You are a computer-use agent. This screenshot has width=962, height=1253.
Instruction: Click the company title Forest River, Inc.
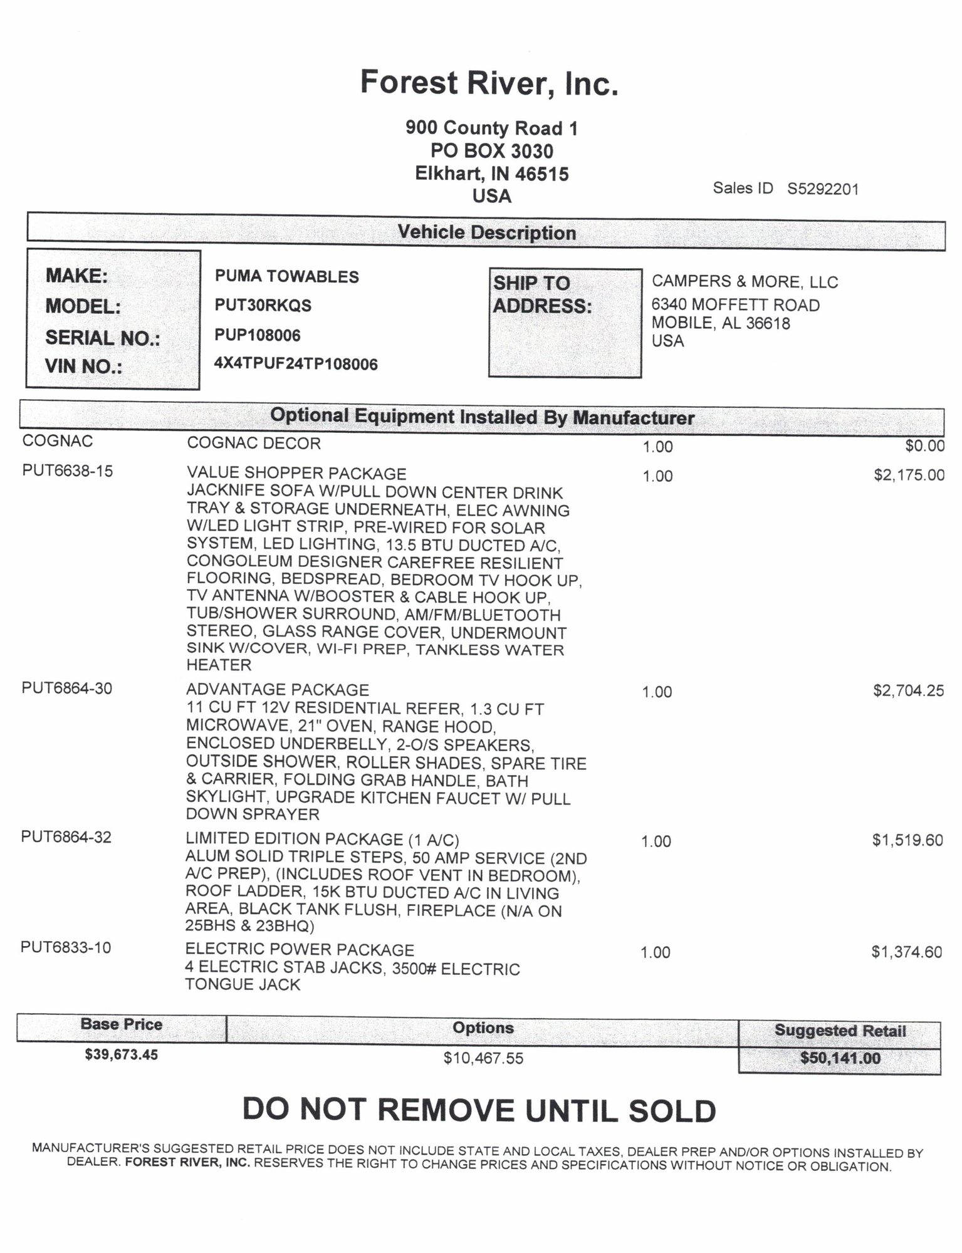coord(489,83)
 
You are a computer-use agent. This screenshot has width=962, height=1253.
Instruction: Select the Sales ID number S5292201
coord(822,189)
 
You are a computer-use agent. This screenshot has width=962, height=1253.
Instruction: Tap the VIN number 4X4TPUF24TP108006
coord(296,364)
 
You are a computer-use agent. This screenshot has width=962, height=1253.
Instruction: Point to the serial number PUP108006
coord(257,335)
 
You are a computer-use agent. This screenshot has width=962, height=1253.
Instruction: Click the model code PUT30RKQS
coord(263,306)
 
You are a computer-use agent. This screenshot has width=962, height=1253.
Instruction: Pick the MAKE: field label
coord(76,276)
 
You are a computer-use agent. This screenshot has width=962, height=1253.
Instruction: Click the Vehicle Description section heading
coord(486,232)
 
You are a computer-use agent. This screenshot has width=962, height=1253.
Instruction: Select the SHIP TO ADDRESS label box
coord(565,323)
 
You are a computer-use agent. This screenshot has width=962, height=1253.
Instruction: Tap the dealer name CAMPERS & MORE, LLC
coord(745,282)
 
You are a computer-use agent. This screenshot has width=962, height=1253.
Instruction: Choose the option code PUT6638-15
coord(68,471)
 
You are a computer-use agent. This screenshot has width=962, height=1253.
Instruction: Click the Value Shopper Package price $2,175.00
coord(909,475)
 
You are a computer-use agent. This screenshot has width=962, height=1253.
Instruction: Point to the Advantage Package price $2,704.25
coord(908,690)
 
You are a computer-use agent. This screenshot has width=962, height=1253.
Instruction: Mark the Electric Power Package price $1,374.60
coord(906,952)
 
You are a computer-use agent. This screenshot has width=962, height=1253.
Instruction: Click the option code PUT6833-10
coord(66,947)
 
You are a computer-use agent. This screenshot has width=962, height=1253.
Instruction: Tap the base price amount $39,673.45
coord(122,1054)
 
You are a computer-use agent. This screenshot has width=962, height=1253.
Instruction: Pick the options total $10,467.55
coord(483,1058)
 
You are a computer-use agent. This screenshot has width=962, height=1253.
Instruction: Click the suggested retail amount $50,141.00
coord(840,1058)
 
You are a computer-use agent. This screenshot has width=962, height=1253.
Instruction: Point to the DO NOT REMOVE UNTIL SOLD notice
coord(479,1110)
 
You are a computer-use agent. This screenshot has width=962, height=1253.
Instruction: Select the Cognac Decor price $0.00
coord(924,445)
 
